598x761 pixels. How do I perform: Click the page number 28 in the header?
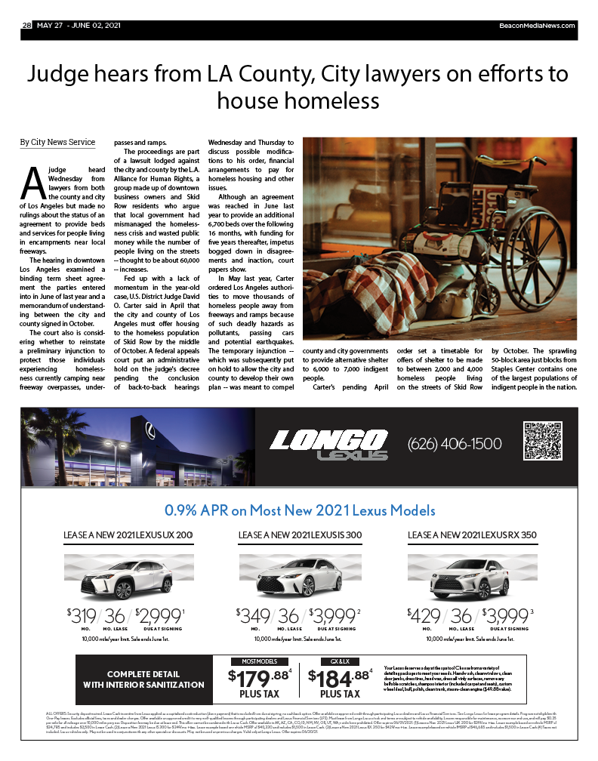26,25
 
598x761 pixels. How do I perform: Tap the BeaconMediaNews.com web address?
537,25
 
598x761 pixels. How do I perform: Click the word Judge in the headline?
60,75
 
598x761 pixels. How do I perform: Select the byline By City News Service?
57,142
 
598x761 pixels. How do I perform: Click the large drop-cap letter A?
32,181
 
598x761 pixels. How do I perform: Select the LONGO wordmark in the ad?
328,440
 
